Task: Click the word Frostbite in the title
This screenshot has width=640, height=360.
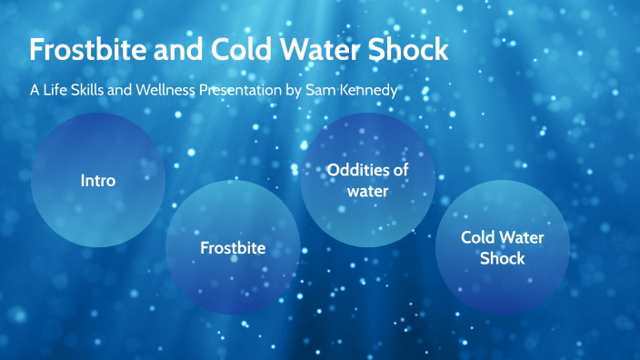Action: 84,50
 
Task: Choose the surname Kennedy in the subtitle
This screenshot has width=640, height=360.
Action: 369,93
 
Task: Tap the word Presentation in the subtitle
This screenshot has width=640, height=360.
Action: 241,93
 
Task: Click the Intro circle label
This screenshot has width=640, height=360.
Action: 97,181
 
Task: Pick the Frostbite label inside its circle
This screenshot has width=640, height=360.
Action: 233,247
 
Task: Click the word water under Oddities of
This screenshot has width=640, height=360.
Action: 367,191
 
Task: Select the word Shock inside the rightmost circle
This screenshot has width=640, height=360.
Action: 503,258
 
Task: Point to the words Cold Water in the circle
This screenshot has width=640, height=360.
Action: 503,237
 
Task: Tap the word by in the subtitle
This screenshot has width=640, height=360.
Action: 295,93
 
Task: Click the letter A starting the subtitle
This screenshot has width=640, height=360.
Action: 35,93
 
